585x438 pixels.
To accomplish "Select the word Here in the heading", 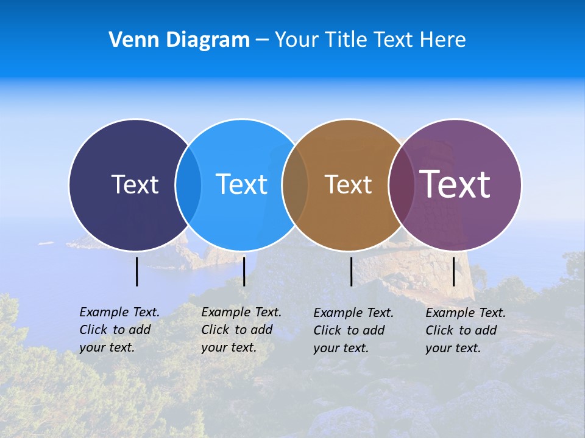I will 443,40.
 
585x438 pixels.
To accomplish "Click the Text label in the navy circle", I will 135,184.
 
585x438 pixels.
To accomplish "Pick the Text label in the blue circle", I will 241,184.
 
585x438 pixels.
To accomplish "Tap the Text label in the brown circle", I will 348,184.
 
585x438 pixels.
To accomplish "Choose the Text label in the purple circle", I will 455,184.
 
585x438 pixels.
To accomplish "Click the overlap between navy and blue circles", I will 188,184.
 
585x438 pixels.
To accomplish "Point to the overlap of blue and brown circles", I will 295,184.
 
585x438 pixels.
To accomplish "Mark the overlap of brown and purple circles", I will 401,184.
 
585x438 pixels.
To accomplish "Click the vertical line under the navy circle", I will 136,271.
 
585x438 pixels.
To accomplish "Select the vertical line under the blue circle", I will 244,271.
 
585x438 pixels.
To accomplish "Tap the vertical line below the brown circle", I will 351,271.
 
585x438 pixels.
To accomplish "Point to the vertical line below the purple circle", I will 453,271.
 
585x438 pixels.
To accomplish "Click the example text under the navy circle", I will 119,330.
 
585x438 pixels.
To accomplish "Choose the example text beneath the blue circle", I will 241,330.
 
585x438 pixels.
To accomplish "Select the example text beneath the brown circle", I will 353,330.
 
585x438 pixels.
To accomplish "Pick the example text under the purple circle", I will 466,330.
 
